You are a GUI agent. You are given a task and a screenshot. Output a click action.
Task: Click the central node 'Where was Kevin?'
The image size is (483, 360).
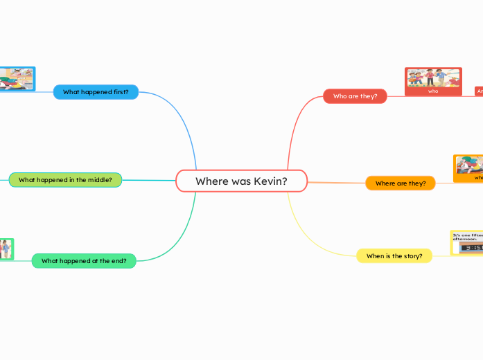pyautogui.click(x=241, y=181)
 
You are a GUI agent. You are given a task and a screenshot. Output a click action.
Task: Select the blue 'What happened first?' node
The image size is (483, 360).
pyautogui.click(x=96, y=92)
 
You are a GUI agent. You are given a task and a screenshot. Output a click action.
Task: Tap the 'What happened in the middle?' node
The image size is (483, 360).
pyautogui.click(x=65, y=180)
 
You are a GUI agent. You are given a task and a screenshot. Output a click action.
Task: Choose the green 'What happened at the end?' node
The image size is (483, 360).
pyautogui.click(x=84, y=261)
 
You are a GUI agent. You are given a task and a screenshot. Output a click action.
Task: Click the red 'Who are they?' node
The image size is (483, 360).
pyautogui.click(x=355, y=96)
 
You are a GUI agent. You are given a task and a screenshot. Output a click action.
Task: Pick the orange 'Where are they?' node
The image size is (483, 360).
pyautogui.click(x=400, y=183)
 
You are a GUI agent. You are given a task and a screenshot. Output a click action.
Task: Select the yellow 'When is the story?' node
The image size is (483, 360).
pyautogui.click(x=394, y=256)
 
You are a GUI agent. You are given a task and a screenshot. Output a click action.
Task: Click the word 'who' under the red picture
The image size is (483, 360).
pyautogui.click(x=433, y=91)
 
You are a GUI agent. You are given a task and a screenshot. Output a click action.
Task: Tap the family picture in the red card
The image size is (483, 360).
pyautogui.click(x=433, y=78)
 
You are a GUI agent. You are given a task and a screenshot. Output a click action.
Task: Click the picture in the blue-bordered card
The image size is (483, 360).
pyautogui.click(x=15, y=78)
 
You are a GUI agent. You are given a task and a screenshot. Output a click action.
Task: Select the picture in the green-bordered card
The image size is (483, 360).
pyautogui.click(x=6, y=248)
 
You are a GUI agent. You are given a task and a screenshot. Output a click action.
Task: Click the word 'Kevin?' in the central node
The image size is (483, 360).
pyautogui.click(x=270, y=181)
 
